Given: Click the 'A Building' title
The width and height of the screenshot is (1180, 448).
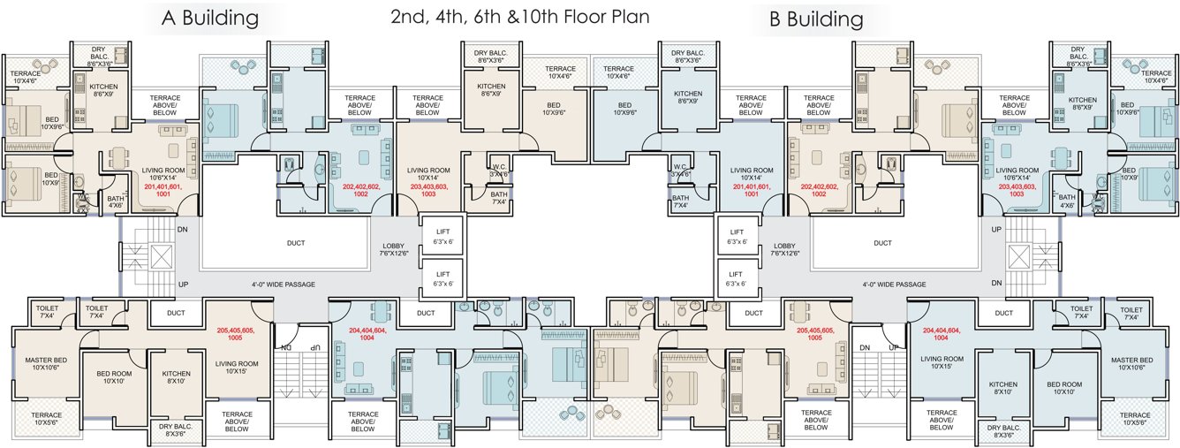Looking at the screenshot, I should click(x=210, y=18).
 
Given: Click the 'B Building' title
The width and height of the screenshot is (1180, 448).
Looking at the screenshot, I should click(x=815, y=19).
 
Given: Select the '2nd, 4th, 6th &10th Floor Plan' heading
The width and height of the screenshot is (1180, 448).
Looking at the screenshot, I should click(x=519, y=17).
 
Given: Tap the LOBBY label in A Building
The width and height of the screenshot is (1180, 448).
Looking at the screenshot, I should click(x=394, y=249).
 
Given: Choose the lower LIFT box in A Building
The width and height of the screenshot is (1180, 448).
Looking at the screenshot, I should click(x=442, y=278).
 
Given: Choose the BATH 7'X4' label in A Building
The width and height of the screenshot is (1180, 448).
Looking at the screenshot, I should click(x=499, y=197).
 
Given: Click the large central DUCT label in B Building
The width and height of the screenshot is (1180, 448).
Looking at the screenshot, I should click(x=882, y=243).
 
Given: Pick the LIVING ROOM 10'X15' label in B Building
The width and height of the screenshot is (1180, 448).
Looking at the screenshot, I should click(x=942, y=362).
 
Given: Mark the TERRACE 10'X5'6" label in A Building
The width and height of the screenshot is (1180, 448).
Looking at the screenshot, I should click(x=46, y=418).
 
